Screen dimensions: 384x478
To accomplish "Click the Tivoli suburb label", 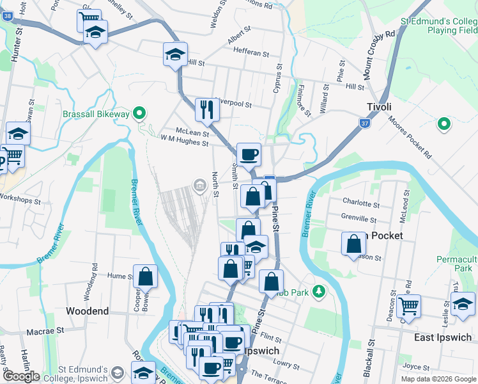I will [x=379, y=107].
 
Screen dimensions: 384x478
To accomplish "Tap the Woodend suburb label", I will [x=88, y=311].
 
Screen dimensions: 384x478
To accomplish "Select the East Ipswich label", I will [x=443, y=337].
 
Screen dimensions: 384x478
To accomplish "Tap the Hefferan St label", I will [x=251, y=52].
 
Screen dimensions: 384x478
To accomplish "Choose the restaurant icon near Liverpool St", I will [x=206, y=109].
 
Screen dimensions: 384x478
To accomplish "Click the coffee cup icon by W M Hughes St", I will [x=249, y=154].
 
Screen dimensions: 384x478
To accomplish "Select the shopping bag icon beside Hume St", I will [x=146, y=276].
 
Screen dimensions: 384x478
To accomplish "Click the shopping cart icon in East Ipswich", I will [x=408, y=306].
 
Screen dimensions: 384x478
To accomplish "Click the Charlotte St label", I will [x=361, y=204].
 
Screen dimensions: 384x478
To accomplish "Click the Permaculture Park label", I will [x=456, y=264].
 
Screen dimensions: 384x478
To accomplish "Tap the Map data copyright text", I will [x=438, y=379].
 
